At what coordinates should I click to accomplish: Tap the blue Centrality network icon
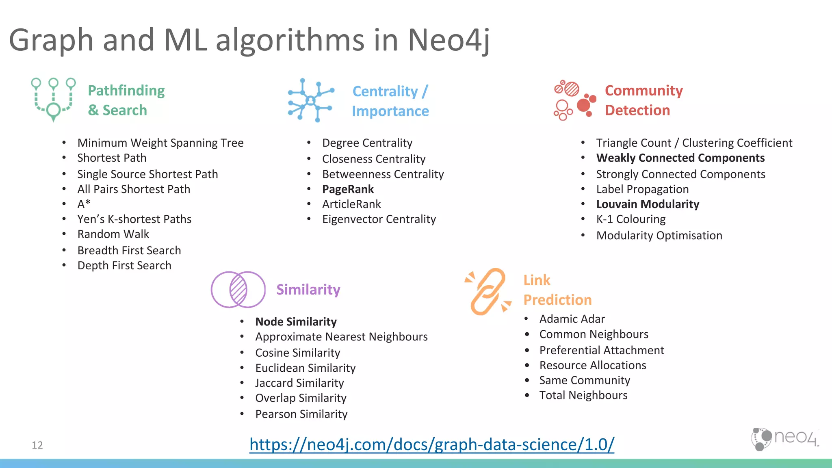pos(311,100)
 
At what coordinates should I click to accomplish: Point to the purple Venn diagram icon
pos(238,290)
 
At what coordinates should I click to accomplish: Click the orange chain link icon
pos(487,291)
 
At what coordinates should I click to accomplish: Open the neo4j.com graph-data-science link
pos(431,444)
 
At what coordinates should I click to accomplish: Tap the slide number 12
pos(37,445)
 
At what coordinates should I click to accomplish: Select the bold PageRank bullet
pos(348,189)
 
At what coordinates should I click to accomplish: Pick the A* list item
pos(84,204)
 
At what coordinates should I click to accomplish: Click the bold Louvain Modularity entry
pos(648,204)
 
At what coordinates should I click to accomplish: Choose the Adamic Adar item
pos(572,319)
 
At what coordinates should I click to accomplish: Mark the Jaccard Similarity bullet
pos(299,383)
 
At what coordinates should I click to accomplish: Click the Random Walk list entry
pos(113,234)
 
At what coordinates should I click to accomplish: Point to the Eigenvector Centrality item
pos(379,219)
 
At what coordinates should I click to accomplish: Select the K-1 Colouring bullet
pos(630,219)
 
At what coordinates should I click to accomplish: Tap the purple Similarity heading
pos(308,290)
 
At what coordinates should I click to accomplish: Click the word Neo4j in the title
pos(448,40)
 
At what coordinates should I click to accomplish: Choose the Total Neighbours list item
pos(583,395)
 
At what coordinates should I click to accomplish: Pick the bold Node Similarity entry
pos(296,322)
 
